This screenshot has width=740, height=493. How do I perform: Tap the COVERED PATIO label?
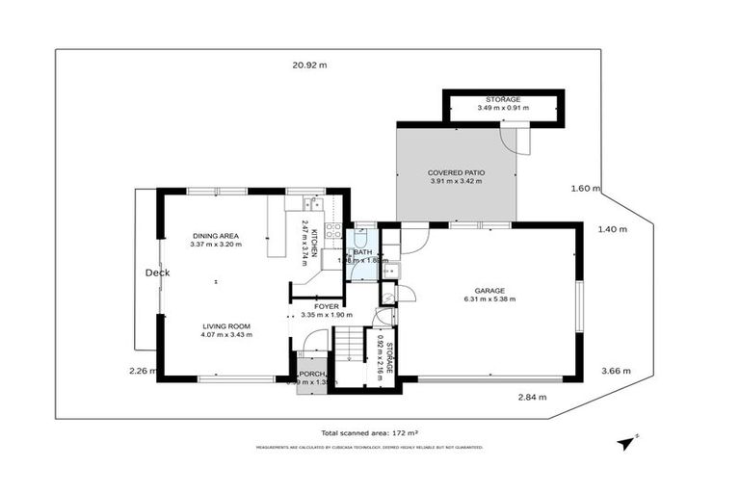(456, 172)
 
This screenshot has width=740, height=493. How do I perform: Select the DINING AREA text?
(216, 235)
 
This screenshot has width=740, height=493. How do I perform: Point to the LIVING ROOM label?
(227, 324)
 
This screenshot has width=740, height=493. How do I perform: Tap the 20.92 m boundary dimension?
(309, 65)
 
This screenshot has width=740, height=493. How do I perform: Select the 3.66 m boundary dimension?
(615, 371)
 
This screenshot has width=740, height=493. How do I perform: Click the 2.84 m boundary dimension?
(531, 397)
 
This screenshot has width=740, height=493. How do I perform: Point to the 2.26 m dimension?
(142, 370)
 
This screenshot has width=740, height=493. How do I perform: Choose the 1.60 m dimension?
(585, 189)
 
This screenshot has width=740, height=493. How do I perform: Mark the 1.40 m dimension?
(612, 229)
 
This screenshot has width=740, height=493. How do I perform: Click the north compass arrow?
(627, 443)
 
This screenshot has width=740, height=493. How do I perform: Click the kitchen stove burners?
(332, 230)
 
